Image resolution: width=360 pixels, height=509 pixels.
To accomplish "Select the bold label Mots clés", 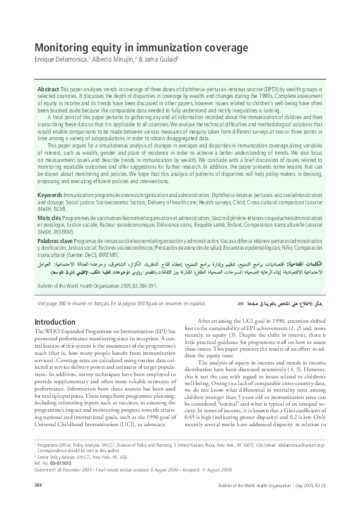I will click(50, 218).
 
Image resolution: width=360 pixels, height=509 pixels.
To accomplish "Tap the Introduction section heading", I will click(55, 322).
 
